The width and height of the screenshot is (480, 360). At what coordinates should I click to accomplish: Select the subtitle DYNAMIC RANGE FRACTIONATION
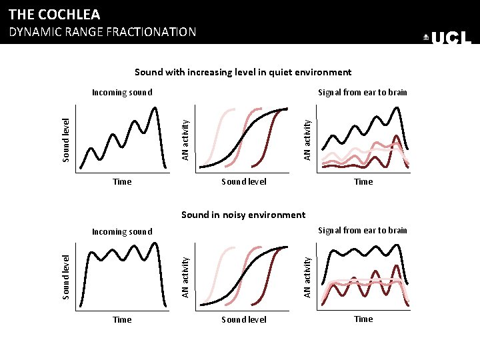[x=102, y=32]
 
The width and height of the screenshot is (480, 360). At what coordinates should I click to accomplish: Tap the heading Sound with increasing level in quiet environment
[x=243, y=72]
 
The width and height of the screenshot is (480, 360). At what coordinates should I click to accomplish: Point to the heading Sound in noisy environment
[x=243, y=215]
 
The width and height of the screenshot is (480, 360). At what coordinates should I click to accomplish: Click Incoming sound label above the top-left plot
[x=122, y=93]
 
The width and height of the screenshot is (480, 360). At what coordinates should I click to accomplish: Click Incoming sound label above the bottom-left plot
[x=122, y=232]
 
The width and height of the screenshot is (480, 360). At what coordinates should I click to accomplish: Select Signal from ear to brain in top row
[x=362, y=93]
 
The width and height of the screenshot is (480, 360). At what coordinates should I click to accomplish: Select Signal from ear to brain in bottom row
[x=362, y=231]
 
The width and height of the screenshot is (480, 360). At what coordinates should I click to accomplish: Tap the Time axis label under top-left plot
[x=122, y=181]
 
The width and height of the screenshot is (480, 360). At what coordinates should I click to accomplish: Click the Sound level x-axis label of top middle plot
[x=243, y=181]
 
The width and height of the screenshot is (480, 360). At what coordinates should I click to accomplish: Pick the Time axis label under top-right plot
[x=363, y=181]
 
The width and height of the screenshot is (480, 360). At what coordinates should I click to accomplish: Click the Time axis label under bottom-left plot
[x=122, y=320]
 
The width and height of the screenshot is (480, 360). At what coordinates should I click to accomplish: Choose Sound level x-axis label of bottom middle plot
[x=243, y=320]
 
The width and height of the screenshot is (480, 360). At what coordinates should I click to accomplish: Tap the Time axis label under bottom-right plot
[x=363, y=319]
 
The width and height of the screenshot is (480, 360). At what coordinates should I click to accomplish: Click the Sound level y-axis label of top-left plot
[x=66, y=140]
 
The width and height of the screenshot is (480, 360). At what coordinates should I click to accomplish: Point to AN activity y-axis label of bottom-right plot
[x=307, y=277]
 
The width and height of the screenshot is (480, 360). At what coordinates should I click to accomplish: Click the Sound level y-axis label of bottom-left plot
[x=66, y=277]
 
